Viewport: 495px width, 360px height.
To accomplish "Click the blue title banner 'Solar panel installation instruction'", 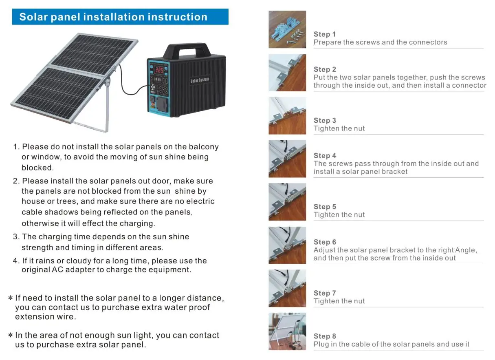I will click(120, 17).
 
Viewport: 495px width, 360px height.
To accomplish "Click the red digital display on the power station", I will click(159, 70).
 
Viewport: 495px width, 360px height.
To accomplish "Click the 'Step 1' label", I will click(325, 34).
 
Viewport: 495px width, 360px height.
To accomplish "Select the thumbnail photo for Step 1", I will click(287, 29).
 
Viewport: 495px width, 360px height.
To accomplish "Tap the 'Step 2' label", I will click(325, 69).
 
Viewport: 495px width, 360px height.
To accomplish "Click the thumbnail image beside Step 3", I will click(287, 116).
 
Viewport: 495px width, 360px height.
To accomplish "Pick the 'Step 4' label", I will click(325, 156).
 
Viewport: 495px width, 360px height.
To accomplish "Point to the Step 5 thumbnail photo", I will click(287, 202).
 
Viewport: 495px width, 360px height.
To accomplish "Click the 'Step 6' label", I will click(325, 242).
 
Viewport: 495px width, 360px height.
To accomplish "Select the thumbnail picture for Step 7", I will click(287, 288).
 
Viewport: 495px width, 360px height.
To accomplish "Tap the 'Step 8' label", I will click(325, 336).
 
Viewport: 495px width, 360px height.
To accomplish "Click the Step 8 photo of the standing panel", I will click(287, 331).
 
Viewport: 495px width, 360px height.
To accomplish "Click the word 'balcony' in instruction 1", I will click(203, 147).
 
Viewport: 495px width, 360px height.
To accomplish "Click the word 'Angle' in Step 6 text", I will click(465, 250).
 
